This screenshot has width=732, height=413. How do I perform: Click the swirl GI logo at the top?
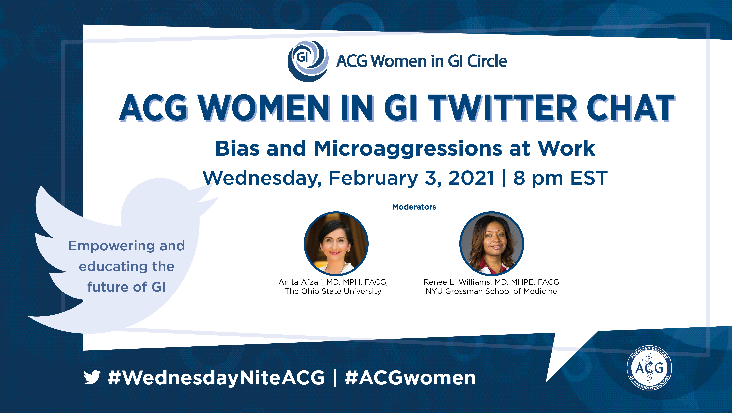308,61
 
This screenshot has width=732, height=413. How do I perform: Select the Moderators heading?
414,207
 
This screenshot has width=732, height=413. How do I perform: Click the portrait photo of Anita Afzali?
336,244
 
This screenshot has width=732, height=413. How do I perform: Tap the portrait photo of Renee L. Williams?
492,244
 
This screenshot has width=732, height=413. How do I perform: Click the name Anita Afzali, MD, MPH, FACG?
333,282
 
